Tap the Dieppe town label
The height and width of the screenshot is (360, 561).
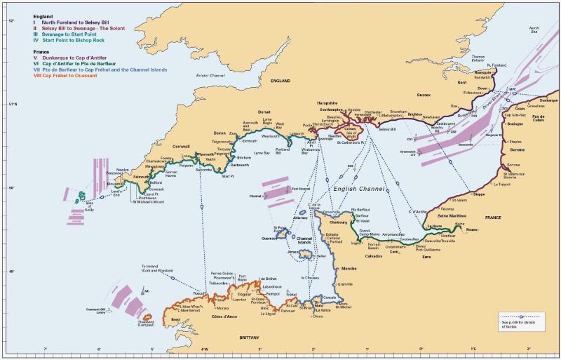(x=479, y=194)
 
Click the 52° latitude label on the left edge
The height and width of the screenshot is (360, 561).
(x=11, y=22)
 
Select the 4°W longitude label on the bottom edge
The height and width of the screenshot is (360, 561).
(x=205, y=349)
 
